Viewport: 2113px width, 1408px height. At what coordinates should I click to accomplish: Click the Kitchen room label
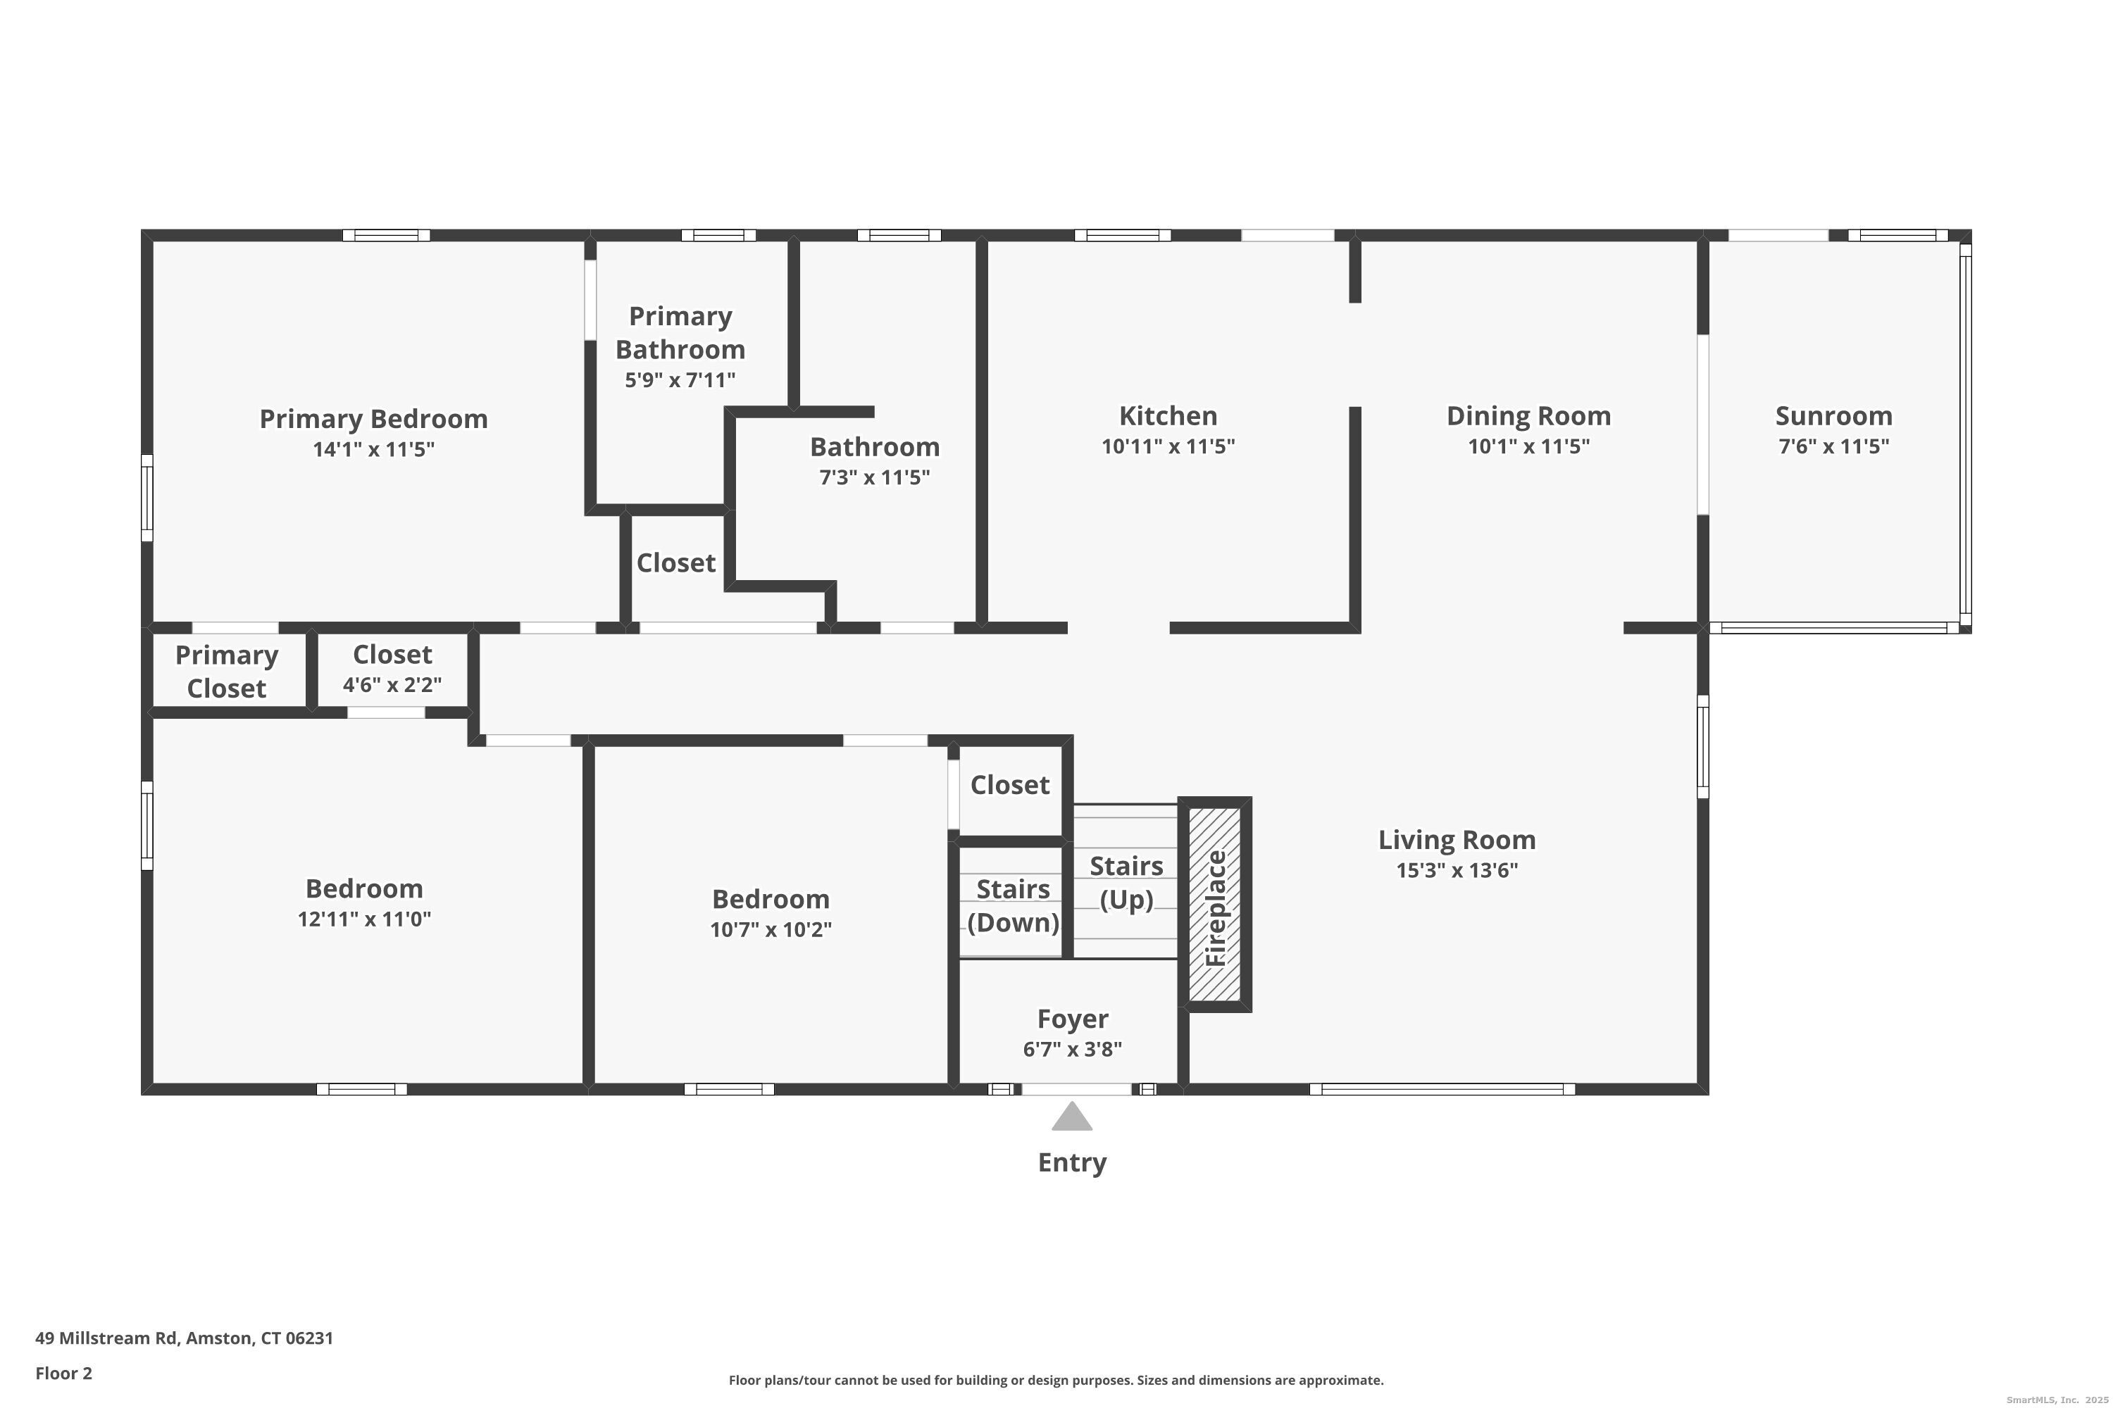click(1168, 416)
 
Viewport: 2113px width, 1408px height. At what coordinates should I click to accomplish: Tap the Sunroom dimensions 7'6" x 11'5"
click(1833, 446)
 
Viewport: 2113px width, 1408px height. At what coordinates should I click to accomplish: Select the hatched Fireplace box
click(1214, 904)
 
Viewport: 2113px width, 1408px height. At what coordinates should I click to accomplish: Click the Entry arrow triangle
click(1072, 1117)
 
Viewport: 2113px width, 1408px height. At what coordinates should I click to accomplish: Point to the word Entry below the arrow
click(1072, 1162)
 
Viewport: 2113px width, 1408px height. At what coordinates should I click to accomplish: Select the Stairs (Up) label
click(1126, 883)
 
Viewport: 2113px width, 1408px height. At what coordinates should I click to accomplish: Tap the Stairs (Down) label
click(1013, 905)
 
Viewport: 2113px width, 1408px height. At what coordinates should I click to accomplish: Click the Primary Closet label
click(226, 672)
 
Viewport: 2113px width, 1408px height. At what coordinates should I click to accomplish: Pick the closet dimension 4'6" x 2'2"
click(392, 685)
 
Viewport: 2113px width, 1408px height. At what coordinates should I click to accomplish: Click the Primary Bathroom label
click(680, 332)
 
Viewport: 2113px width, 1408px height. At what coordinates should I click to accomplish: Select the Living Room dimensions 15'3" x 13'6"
click(1457, 870)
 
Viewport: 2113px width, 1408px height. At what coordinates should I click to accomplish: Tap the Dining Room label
click(1528, 416)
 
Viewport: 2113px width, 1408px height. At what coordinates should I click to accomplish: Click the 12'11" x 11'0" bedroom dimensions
click(364, 919)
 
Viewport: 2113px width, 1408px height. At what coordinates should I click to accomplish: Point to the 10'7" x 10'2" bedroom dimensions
click(771, 929)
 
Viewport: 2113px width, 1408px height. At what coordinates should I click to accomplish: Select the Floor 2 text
click(64, 1373)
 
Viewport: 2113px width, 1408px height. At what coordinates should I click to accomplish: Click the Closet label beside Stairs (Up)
click(1010, 785)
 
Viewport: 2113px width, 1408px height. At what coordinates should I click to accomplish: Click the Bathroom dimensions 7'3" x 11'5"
click(874, 477)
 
